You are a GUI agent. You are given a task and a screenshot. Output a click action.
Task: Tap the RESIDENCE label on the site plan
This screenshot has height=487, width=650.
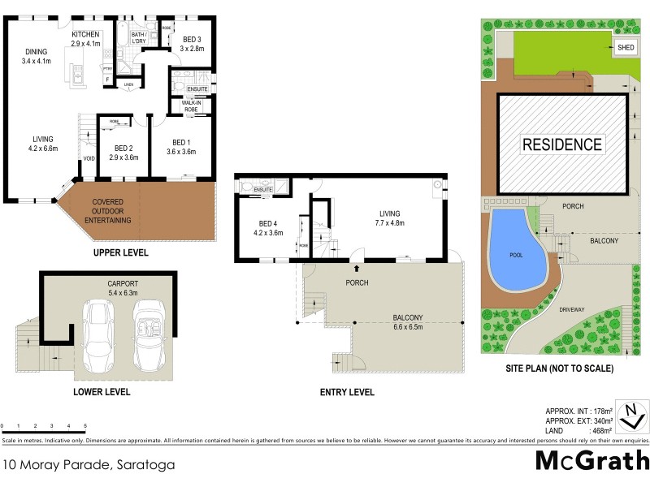click(562, 145)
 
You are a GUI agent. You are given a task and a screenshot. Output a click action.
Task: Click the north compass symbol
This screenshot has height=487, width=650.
click(631, 416)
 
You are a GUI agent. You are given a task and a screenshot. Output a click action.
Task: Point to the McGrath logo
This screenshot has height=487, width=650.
click(592, 460)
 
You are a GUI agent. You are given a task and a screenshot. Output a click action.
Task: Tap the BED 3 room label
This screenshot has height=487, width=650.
click(192, 44)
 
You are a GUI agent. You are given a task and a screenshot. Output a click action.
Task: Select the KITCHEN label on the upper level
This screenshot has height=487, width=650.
click(85, 39)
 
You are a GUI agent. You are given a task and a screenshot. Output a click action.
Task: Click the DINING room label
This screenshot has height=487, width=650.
click(37, 56)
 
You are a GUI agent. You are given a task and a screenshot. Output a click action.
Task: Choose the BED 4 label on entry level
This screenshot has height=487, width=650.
click(269, 229)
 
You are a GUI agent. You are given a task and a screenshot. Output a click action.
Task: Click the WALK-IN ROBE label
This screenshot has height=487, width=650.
click(191, 106)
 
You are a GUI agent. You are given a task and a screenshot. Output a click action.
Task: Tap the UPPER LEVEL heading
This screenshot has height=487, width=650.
click(120, 253)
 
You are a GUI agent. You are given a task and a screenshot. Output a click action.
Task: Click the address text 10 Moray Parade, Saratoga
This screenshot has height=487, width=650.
click(88, 466)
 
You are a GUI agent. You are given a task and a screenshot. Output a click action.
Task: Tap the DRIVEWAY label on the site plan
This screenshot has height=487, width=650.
click(572, 309)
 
